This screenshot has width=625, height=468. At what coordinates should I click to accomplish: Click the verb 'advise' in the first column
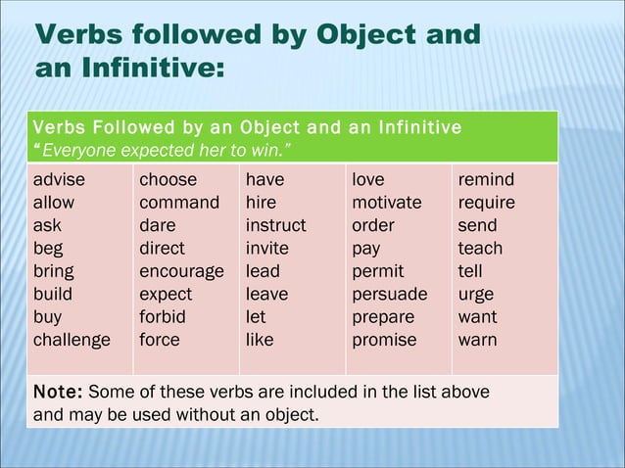click(x=59, y=180)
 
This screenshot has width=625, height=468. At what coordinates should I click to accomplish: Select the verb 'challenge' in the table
click(x=72, y=341)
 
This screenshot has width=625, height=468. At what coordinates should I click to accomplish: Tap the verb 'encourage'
click(x=181, y=271)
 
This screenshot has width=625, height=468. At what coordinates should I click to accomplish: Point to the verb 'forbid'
click(x=162, y=317)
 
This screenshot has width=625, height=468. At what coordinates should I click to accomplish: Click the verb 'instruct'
click(x=275, y=226)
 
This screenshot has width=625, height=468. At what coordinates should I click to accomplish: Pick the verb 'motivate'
click(x=387, y=203)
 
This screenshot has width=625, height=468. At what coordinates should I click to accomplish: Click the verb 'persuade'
click(x=390, y=295)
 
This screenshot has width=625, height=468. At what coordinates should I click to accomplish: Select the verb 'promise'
click(x=384, y=341)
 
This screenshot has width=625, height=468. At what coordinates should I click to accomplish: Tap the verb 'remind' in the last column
click(x=486, y=180)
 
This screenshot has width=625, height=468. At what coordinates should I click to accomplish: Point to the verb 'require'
click(x=487, y=203)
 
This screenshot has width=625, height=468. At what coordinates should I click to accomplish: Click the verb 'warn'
click(x=477, y=341)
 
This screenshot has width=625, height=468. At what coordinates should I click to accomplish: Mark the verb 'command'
click(x=179, y=203)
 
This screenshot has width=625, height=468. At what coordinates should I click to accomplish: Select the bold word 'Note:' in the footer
click(x=58, y=392)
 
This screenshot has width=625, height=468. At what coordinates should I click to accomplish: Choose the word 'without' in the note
click(x=229, y=414)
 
